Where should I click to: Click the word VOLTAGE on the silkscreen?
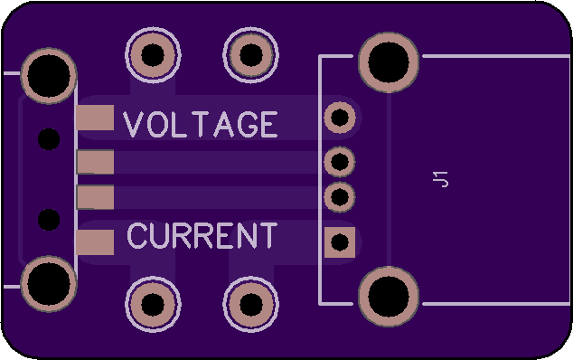[x=201, y=125]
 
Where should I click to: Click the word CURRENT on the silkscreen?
[x=202, y=235]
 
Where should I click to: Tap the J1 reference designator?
[x=440, y=179]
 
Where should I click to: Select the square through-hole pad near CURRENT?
[x=340, y=242]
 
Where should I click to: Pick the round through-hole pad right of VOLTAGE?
[x=340, y=118]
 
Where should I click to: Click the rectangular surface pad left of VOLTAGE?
[x=95, y=118]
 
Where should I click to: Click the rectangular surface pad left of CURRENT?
[x=95, y=242]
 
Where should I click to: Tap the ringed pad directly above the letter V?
[x=153, y=55]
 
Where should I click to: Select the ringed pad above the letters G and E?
[x=251, y=55]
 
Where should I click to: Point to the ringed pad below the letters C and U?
[x=153, y=305]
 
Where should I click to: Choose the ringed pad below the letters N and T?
[x=251, y=305]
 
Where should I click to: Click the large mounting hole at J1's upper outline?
[x=389, y=62]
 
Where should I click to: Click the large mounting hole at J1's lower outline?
[x=389, y=297]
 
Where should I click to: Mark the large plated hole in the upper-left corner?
[x=49, y=76]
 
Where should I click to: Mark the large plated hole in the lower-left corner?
[x=49, y=284]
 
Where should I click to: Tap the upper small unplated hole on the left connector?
[x=49, y=139]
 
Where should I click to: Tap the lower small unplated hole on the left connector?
[x=49, y=220]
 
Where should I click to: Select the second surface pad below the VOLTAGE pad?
[x=95, y=197]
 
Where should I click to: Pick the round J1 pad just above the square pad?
[x=340, y=197]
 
